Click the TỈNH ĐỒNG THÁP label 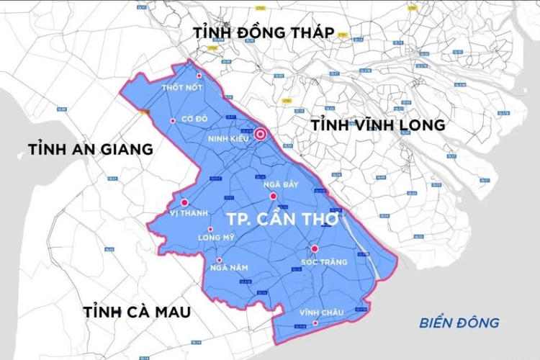tap(262, 32)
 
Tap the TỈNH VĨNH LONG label tap(377, 125)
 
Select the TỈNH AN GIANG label tap(91, 149)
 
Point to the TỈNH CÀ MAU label tap(137, 312)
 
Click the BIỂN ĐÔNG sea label tap(459, 322)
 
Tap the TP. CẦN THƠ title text tap(274, 219)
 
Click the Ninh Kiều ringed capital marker tap(261, 133)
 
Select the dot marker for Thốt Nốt tap(199, 76)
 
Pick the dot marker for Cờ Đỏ tap(173, 120)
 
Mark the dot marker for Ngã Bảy tap(273, 196)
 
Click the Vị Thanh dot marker tap(184, 203)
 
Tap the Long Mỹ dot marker tap(211, 229)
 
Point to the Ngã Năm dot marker tap(219, 260)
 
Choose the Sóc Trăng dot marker tap(315, 248)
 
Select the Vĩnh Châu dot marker tap(315, 322)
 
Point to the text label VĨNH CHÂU tap(322, 312)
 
